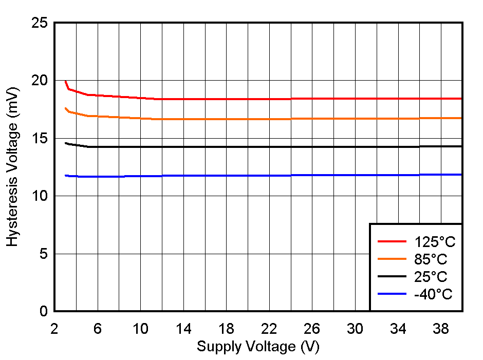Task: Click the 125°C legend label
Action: pyautogui.click(x=435, y=242)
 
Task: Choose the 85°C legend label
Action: pyautogui.click(x=431, y=259)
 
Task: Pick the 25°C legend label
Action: pyautogui.click(x=431, y=277)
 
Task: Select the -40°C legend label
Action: pyautogui.click(x=433, y=294)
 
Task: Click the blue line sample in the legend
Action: pyautogui.click(x=392, y=294)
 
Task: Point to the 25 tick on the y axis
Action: pyautogui.click(x=40, y=23)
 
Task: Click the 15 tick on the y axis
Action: pyautogui.click(x=40, y=139)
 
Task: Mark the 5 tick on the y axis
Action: pyautogui.click(x=44, y=254)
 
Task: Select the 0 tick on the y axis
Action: pyautogui.click(x=44, y=311)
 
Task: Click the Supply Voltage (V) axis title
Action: pyautogui.click(x=258, y=347)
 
